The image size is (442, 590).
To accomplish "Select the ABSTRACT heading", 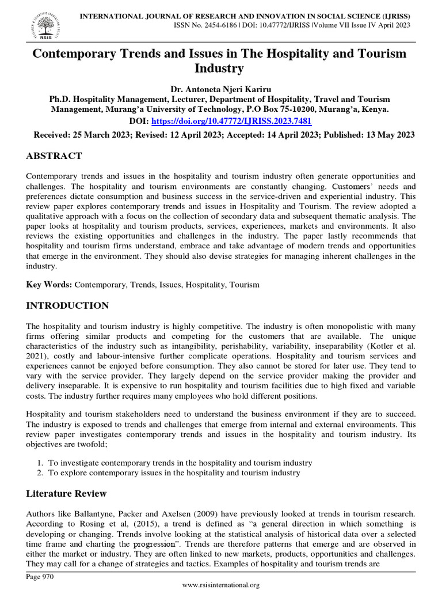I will tap(54, 156).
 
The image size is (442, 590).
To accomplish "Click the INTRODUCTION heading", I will tap(67, 305).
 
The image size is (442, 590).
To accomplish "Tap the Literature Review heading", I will tap(66, 494).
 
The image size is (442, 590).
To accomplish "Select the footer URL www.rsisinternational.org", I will tap(221, 584).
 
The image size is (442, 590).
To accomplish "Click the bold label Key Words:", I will tap(49, 285).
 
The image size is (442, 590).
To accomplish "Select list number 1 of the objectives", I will tap(40, 463).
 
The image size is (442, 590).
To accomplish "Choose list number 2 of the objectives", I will tap(40, 473).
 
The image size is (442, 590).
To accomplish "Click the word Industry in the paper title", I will tap(220, 69).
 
